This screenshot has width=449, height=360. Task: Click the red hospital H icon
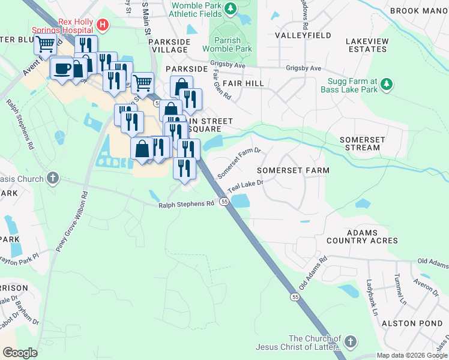coord(103,25)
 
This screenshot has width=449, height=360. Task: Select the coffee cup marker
coord(62,68)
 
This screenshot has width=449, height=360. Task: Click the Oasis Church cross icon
coord(53,178)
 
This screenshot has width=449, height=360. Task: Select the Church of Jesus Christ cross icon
coord(350,342)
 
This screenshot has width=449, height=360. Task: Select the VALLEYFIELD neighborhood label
coord(303,35)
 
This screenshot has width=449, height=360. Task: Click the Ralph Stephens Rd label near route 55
coord(186,204)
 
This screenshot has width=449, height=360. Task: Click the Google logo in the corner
coord(20,353)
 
